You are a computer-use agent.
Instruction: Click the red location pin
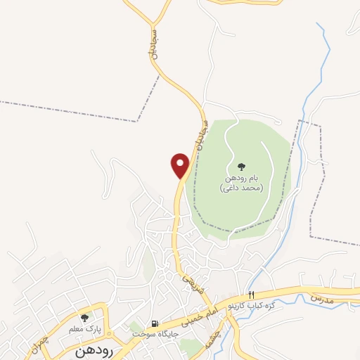click(x=181, y=165)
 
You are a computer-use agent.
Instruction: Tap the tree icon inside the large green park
click(x=241, y=167)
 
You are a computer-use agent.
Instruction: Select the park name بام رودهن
click(x=241, y=179)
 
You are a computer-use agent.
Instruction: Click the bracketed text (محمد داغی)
click(x=241, y=188)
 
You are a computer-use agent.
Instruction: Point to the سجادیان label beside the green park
click(x=199, y=134)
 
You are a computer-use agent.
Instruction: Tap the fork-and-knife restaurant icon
click(x=251, y=295)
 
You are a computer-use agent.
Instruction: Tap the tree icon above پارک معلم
click(x=84, y=318)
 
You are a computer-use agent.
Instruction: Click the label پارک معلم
click(x=85, y=328)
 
